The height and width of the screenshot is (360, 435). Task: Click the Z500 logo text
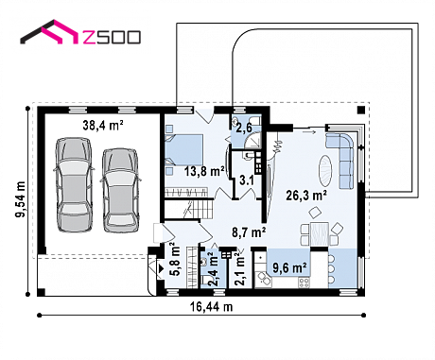pyautogui.click(x=112, y=37)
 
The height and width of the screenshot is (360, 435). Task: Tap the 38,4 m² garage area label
pyautogui.click(x=103, y=126)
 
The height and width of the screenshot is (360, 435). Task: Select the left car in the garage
pyautogui.click(x=75, y=184)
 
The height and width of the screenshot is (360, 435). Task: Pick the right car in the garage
pyautogui.click(x=120, y=190)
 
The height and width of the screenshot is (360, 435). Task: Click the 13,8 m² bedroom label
pyautogui.click(x=204, y=171)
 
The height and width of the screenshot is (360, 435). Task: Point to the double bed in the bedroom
pyautogui.click(x=183, y=150)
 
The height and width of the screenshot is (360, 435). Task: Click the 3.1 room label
pyautogui.click(x=247, y=180)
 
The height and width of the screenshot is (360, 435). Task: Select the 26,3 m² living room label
pyautogui.click(x=305, y=196)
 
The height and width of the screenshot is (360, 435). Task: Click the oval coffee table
pyautogui.click(x=325, y=170)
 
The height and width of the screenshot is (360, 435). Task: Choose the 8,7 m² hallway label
pyautogui.click(x=249, y=232)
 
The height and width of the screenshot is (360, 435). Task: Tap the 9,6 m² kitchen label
pyautogui.click(x=289, y=268)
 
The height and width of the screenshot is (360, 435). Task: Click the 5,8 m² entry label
pyautogui.click(x=175, y=260)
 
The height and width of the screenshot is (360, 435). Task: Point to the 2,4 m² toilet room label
pyautogui.click(x=213, y=270)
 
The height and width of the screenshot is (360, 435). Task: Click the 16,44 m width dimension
pyautogui.click(x=211, y=306)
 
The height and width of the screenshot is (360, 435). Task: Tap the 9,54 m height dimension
pyautogui.click(x=21, y=199)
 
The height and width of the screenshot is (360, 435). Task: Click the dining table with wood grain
pyautogui.click(x=320, y=234)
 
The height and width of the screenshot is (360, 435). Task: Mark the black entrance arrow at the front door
pyautogui.click(x=161, y=268)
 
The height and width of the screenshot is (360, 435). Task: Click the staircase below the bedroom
pyautogui.click(x=188, y=209)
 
